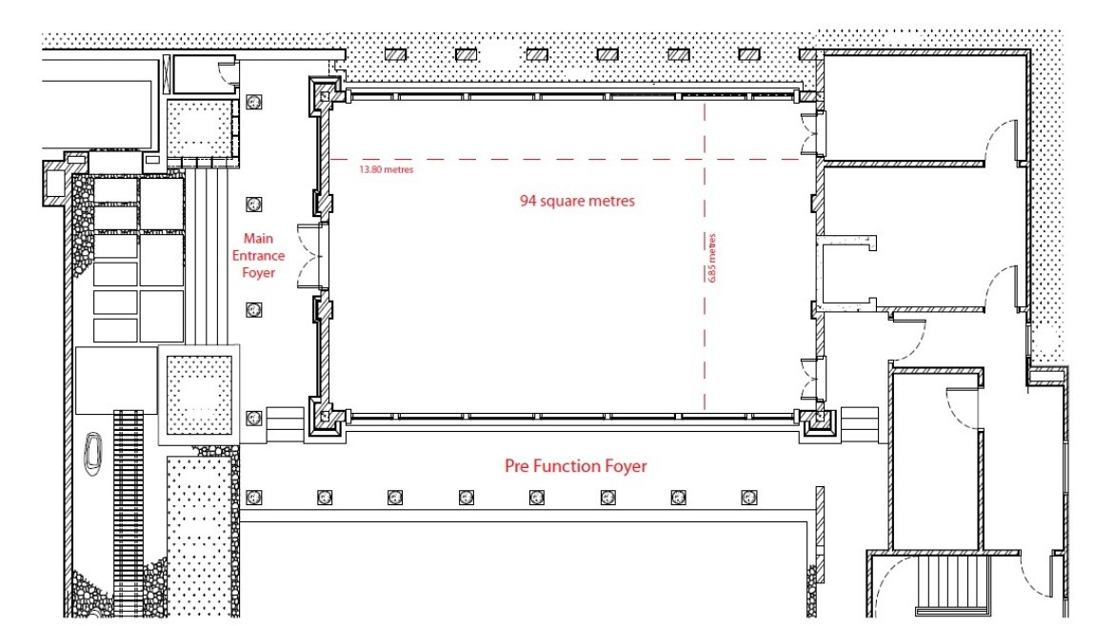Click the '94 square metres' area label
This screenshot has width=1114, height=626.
[577, 201]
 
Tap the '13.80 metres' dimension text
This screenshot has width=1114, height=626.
[386, 169]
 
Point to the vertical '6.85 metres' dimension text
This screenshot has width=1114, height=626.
[712, 259]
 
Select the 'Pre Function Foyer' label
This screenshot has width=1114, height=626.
[575, 466]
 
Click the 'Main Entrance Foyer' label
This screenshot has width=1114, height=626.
[258, 256]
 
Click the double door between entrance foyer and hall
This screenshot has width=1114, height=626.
[309, 256]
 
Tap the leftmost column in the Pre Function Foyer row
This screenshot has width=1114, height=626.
[253, 498]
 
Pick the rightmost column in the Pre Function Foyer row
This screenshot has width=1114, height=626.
[748, 498]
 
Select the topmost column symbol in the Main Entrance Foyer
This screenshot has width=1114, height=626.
[253, 102]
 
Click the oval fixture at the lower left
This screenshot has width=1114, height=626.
[93, 452]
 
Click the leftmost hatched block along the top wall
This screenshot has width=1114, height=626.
[395, 54]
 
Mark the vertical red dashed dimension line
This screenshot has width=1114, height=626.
[705, 256]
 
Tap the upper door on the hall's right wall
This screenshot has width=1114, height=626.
[813, 133]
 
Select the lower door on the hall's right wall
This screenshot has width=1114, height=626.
[813, 379]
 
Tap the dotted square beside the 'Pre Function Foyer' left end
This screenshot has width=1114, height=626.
[199, 395]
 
